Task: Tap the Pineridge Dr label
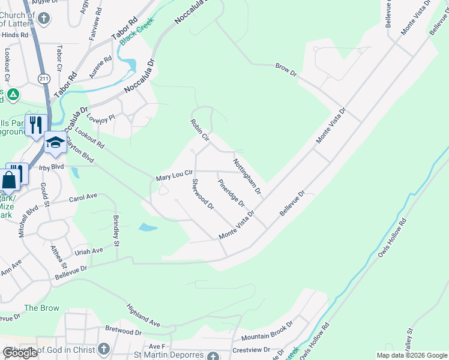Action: click(x=231, y=192)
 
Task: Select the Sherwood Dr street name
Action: click(x=203, y=194)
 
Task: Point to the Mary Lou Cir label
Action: click(x=173, y=176)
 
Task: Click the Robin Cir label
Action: click(x=199, y=130)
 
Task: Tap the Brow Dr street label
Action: click(x=286, y=69)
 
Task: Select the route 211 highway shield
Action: click(x=43, y=79)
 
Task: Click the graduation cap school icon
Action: click(x=55, y=142)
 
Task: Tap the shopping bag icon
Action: click(x=10, y=179)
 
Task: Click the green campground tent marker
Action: click(x=13, y=95)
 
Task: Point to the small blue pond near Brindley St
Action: click(x=148, y=227)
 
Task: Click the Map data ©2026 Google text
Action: click(x=411, y=355)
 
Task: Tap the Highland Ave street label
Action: click(x=143, y=316)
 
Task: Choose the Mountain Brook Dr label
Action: click(x=267, y=331)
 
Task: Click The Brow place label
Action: click(x=41, y=308)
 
